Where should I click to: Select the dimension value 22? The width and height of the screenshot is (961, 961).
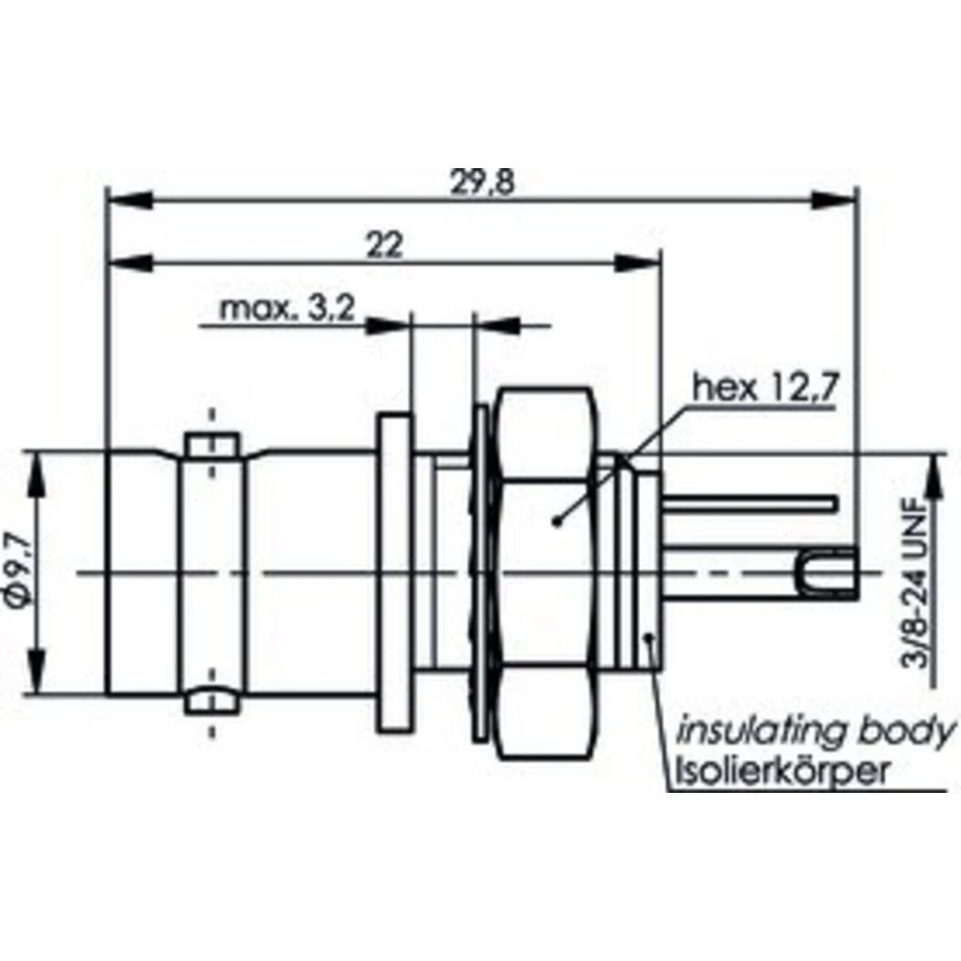(x=384, y=245)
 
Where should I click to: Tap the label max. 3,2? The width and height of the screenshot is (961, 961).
(x=288, y=309)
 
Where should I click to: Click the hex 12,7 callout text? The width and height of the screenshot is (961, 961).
(x=767, y=388)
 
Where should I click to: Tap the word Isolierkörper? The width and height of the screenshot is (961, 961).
(x=783, y=772)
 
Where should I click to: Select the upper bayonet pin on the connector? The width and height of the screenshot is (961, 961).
(x=211, y=445)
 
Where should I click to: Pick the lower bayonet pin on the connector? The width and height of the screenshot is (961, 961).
(x=211, y=701)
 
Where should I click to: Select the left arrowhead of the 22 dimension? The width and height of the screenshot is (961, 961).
(x=130, y=262)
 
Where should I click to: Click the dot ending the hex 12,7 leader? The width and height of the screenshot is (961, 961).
(x=557, y=522)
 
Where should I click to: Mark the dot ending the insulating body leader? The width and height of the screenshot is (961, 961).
(x=651, y=637)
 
